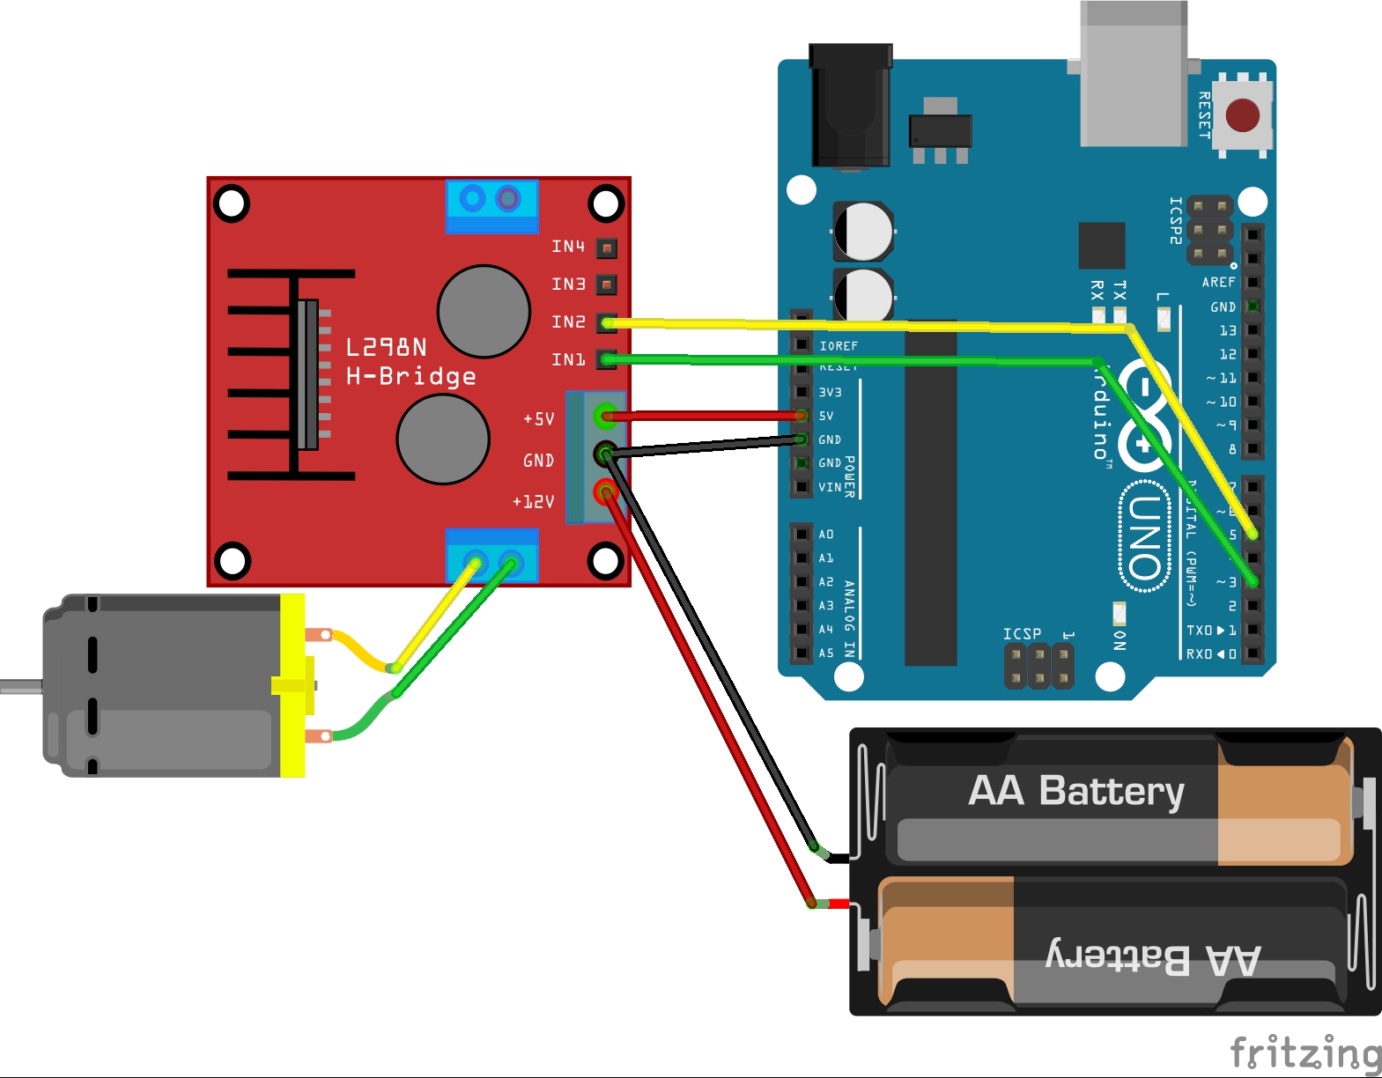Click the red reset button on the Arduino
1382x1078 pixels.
click(1242, 114)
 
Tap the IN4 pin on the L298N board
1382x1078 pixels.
click(606, 247)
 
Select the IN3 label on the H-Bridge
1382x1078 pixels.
click(568, 284)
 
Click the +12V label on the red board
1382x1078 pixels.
click(534, 502)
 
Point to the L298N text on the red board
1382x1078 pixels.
click(386, 347)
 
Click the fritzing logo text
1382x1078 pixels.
click(1304, 1052)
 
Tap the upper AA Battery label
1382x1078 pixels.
click(1075, 791)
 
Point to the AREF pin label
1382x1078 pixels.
click(1218, 283)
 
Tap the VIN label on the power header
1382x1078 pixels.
click(829, 487)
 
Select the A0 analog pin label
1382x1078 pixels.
click(825, 535)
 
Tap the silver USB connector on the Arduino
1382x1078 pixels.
click(1134, 75)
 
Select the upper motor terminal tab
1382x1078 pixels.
click(319, 635)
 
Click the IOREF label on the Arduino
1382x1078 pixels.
click(838, 346)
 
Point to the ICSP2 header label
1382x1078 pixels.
click(1175, 220)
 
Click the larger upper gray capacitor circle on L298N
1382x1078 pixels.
click(484, 311)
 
